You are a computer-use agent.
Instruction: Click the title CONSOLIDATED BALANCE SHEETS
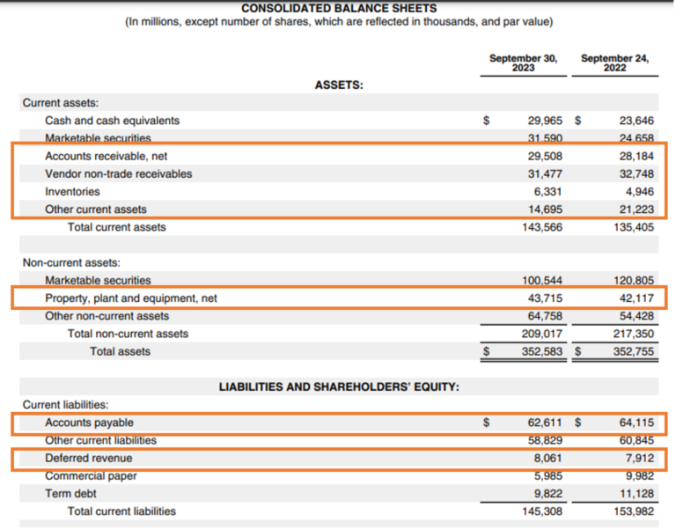(338, 8)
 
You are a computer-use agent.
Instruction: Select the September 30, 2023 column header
(523, 63)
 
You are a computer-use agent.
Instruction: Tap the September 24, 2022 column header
(614, 63)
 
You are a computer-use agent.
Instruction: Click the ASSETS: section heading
(339, 85)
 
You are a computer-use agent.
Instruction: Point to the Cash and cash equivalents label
(112, 121)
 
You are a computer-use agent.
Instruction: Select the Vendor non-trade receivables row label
(118, 173)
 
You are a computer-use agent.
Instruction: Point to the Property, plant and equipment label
(131, 298)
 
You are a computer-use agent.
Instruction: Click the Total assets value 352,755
(634, 352)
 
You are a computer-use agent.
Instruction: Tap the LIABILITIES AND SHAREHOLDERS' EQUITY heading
(339, 387)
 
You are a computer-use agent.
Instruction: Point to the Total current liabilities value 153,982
(634, 512)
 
